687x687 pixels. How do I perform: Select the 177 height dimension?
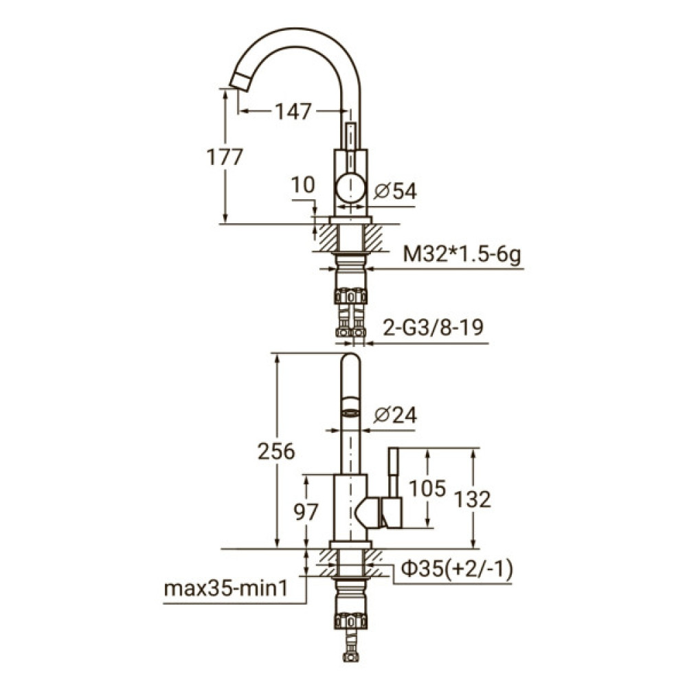tap(225, 157)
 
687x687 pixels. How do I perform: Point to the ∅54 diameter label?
tap(396, 192)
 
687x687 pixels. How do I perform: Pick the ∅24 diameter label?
tap(396, 415)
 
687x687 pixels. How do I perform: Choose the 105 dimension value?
tap(427, 488)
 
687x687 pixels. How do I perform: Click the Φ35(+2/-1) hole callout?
tap(457, 570)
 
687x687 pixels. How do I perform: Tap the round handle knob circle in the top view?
tap(351, 187)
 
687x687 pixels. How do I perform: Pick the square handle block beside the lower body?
tap(392, 513)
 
